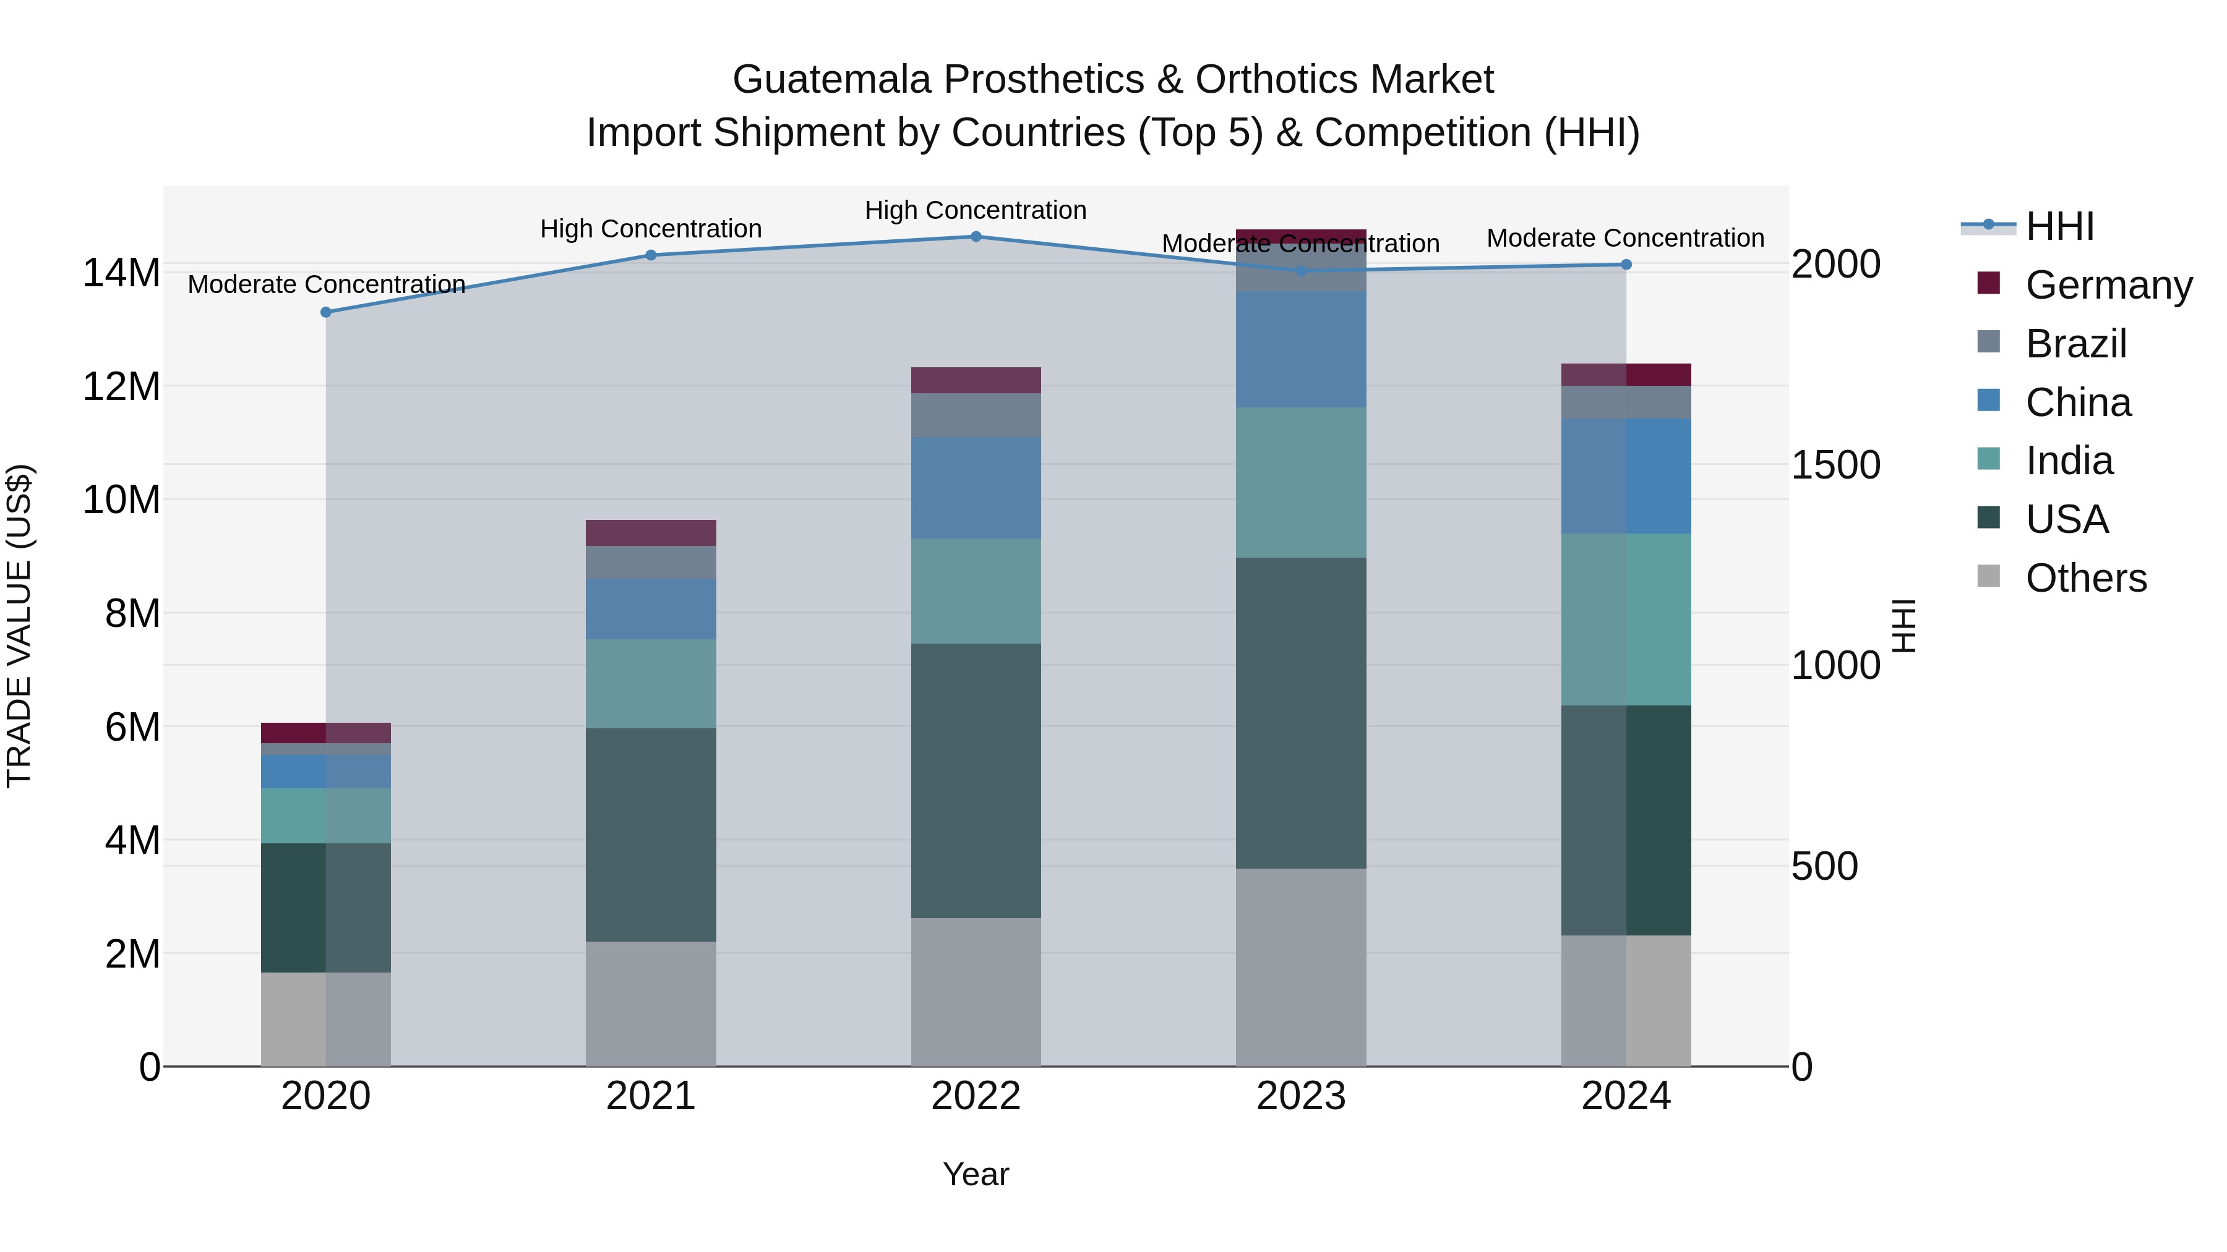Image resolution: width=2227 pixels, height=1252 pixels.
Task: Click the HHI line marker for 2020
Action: pyautogui.click(x=326, y=312)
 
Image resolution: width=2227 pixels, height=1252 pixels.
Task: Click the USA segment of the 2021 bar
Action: pyautogui.click(x=650, y=834)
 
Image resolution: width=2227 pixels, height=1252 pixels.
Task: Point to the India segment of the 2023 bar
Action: pyautogui.click(x=1300, y=482)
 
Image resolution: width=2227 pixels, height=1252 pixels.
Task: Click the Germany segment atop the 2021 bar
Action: pyautogui.click(x=650, y=532)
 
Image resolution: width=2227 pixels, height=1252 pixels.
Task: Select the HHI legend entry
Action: pyautogui.click(x=2059, y=226)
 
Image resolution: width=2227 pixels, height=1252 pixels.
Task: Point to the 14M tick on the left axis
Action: pyautogui.click(x=121, y=273)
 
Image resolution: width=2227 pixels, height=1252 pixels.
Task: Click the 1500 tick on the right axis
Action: pyautogui.click(x=1835, y=465)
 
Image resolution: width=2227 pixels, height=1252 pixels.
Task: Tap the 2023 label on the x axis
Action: pyautogui.click(x=1300, y=1096)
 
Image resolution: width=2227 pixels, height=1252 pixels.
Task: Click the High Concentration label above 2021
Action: pyautogui.click(x=650, y=229)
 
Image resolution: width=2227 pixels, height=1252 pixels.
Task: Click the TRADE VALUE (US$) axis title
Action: pyautogui.click(x=19, y=626)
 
